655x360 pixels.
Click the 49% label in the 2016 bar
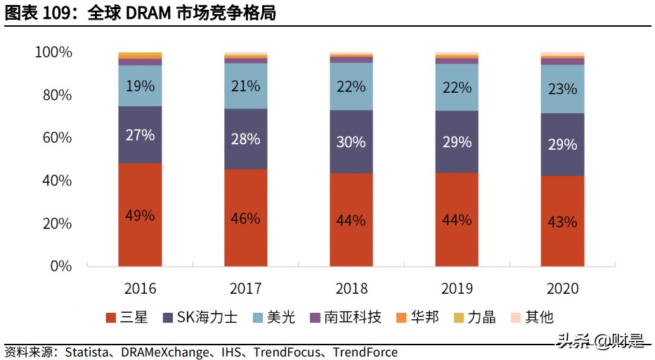pyautogui.click(x=140, y=215)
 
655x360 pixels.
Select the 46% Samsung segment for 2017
pyautogui.click(x=245, y=218)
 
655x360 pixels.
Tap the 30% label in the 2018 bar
pyautogui.click(x=351, y=141)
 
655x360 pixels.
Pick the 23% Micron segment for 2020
pyautogui.click(x=562, y=89)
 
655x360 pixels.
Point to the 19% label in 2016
pyautogui.click(x=140, y=86)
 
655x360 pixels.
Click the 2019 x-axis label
pyautogui.click(x=456, y=288)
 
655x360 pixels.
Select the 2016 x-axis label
pyautogui.click(x=140, y=288)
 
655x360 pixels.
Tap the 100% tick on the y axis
pyautogui.click(x=53, y=53)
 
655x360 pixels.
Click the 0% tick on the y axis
pyautogui.click(x=61, y=266)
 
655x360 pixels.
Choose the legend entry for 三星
pyautogui.click(x=127, y=317)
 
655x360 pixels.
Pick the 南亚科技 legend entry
pyautogui.click(x=346, y=317)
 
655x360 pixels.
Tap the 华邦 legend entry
pyautogui.click(x=417, y=317)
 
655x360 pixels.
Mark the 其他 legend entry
pyautogui.click(x=532, y=317)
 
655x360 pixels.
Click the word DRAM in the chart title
pyautogui.click(x=149, y=13)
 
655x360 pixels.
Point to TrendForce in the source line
pyautogui.click(x=365, y=352)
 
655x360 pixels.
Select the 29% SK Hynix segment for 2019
pyautogui.click(x=456, y=141)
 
